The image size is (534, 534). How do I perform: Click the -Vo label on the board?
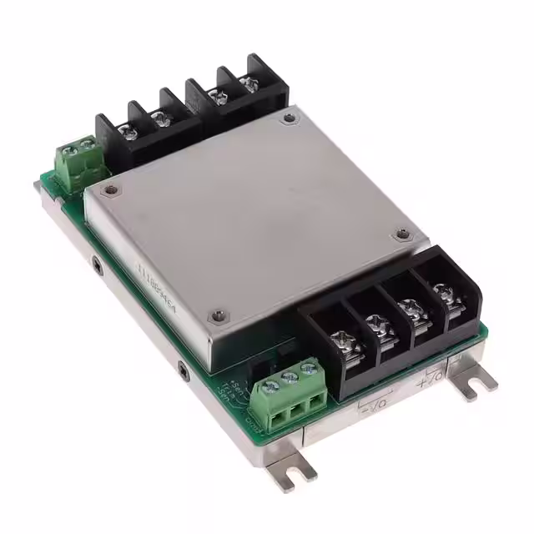374,408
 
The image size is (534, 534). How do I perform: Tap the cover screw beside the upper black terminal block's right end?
289,119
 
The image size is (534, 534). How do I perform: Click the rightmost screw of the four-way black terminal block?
441,293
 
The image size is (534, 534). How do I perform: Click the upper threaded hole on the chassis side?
98,268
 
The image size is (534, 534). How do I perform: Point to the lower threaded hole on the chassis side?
183,366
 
